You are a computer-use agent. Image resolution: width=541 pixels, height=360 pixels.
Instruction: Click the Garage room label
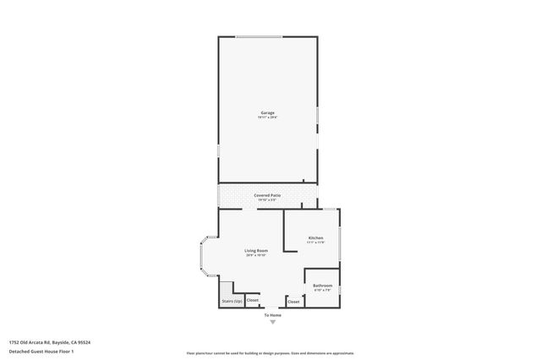tap(267, 112)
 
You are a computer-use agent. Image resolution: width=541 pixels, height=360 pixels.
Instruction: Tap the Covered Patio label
tap(267, 195)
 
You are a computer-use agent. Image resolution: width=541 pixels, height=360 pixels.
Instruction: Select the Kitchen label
tap(316, 239)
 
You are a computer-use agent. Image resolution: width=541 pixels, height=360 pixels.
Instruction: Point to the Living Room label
tap(256, 250)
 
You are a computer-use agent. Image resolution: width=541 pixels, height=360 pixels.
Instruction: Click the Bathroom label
tap(322, 286)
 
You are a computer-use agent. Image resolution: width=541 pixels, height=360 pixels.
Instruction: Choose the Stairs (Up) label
tap(232, 301)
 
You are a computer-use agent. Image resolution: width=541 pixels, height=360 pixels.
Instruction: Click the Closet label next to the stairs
tap(253, 300)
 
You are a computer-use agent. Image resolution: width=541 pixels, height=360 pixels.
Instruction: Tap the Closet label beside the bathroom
tap(293, 301)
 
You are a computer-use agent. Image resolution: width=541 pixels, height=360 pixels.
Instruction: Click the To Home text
tap(271, 316)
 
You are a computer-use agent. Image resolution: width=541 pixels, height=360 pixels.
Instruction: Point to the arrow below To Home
tap(271, 322)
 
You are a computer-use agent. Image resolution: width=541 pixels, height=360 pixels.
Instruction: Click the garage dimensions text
tap(267, 117)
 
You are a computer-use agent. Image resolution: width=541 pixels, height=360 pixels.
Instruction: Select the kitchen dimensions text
tap(316, 244)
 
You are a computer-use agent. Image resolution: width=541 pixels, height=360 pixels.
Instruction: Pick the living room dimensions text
tap(256, 255)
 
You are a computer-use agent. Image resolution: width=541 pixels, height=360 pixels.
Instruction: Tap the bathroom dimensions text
tap(322, 291)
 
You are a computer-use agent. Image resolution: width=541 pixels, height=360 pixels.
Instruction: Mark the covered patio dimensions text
tap(267, 200)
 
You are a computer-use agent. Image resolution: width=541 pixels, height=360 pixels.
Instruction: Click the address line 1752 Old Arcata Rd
tap(50, 342)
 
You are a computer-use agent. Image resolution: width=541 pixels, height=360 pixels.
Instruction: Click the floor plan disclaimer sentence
tap(270, 353)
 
